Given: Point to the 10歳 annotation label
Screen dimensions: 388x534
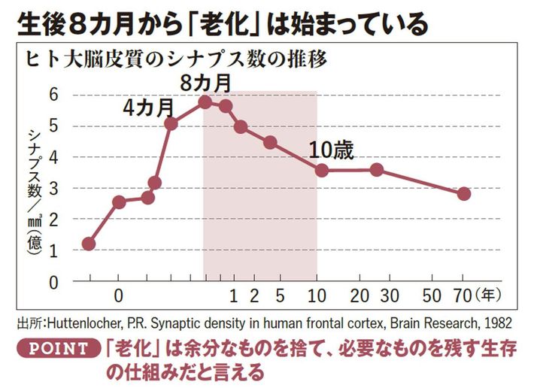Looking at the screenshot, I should [331, 149].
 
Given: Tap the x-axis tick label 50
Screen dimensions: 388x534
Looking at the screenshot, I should [432, 293].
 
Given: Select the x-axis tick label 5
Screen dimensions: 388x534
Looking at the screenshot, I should [279, 293].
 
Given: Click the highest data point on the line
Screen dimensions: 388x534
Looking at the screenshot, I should [205, 102].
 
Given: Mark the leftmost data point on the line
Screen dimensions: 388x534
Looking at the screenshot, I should [89, 244].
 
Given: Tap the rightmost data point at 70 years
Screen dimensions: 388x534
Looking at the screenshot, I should [464, 194].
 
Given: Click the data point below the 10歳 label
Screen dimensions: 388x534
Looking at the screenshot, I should [322, 170].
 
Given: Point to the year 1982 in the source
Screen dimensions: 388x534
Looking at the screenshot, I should [499, 323].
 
